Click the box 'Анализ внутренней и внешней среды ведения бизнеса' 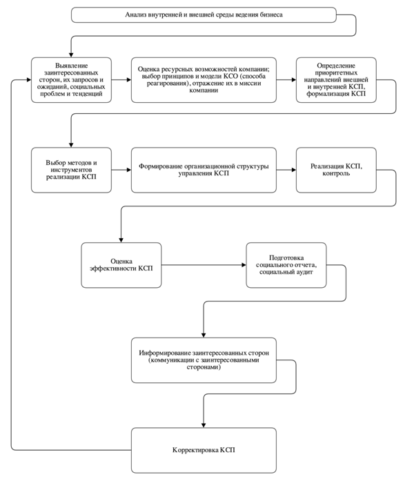(x=204, y=15)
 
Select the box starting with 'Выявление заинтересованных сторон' (x=71, y=80)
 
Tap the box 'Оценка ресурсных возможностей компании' (x=204, y=80)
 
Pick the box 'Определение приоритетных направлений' (x=336, y=80)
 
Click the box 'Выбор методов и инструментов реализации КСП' (x=71, y=170)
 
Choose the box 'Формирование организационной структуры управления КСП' (x=204, y=170)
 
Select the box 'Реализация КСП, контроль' (x=336, y=170)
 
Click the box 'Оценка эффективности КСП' (x=121, y=265)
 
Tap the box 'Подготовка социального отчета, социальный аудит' (x=286, y=265)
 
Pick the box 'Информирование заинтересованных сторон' (x=204, y=360)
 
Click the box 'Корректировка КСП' (x=204, y=450)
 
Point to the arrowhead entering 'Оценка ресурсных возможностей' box (x=129, y=80)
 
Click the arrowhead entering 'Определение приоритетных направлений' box (x=293, y=80)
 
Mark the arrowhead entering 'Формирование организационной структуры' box (x=129, y=170)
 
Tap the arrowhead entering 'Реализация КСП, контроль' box (x=293, y=170)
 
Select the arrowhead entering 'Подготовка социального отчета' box (x=244, y=265)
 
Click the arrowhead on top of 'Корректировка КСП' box (x=204, y=425)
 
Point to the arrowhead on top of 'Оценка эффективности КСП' (x=121, y=240)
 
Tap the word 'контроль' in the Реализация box (x=336, y=174)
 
